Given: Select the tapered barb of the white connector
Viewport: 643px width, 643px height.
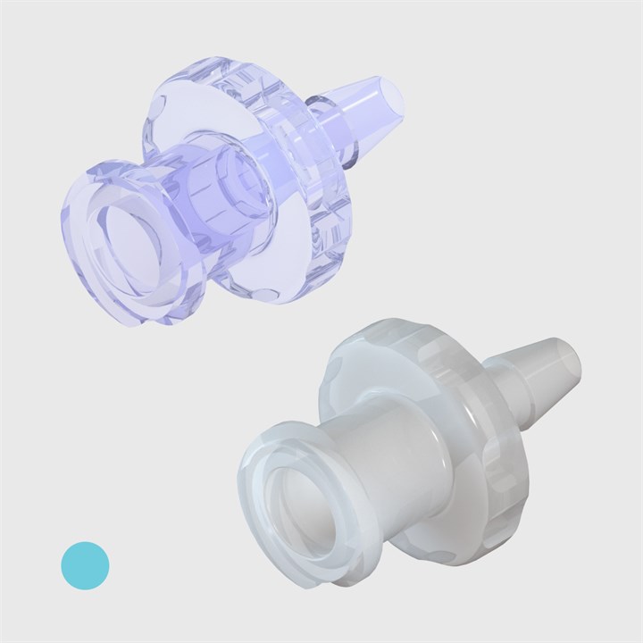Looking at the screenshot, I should pyautogui.click(x=541, y=366).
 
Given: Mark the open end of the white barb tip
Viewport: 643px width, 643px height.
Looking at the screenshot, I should pyautogui.click(x=572, y=357).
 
